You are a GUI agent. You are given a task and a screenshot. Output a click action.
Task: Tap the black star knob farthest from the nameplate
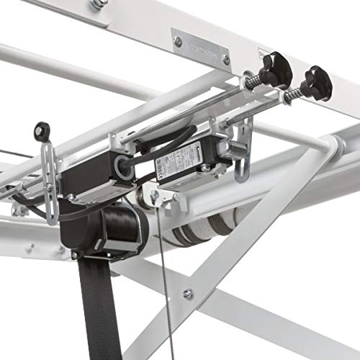point(317,83)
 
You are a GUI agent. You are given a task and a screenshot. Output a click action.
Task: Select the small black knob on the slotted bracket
point(42,132)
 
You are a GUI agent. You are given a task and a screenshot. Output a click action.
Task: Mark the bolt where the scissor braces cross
point(188,294)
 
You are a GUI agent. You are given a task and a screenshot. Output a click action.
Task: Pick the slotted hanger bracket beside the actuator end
point(243,155)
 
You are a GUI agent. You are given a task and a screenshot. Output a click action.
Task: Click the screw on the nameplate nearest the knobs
point(225,58)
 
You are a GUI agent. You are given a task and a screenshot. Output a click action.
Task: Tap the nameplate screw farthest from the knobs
point(178,42)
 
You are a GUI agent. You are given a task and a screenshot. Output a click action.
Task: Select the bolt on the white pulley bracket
point(155,194)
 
